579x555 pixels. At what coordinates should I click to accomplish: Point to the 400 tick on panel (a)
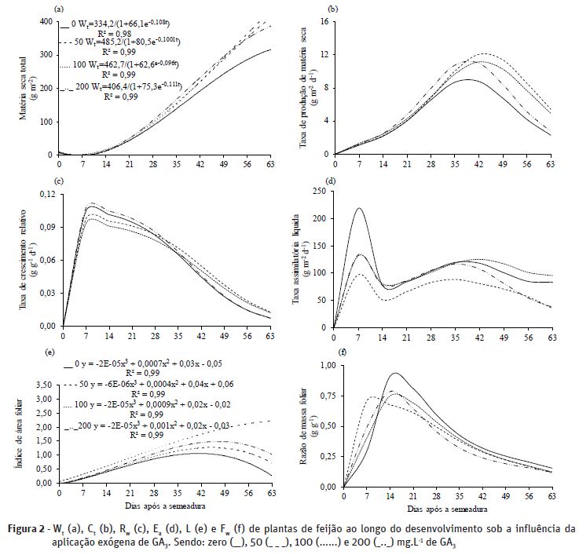[46, 21]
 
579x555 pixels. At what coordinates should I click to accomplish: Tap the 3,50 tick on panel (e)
[43, 386]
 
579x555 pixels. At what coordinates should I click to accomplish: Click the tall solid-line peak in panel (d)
[358, 209]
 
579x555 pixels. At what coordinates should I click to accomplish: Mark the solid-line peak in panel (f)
[394, 374]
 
